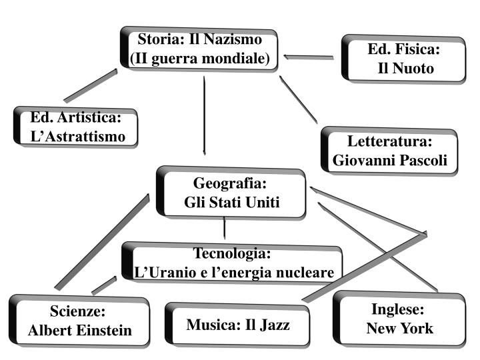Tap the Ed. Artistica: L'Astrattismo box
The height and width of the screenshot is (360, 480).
[x=77, y=127]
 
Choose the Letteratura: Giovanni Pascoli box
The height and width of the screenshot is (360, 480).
[x=390, y=151]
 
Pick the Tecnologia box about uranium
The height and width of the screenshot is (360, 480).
[x=232, y=263]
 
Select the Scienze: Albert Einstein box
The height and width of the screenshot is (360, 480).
[x=79, y=321]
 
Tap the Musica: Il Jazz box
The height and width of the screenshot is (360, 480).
[x=238, y=325]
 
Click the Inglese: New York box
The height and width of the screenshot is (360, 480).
[x=399, y=319]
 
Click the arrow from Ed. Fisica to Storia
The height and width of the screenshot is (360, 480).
[x=308, y=57]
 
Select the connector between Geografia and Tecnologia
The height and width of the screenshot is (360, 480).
[x=224, y=229]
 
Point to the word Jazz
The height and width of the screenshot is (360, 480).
[x=275, y=325]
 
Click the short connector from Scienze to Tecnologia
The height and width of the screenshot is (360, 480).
[x=103, y=285]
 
